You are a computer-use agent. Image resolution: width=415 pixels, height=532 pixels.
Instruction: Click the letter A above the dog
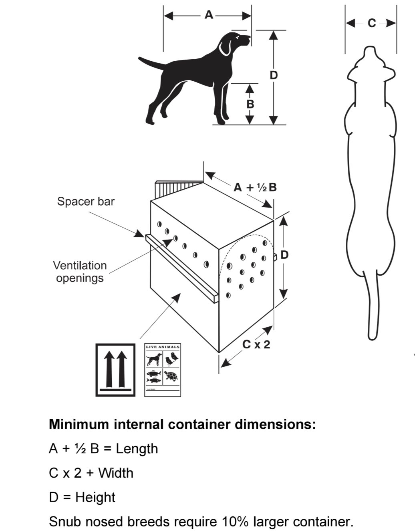pyautogui.click(x=209, y=15)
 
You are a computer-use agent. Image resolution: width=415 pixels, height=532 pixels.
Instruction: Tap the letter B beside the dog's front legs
pyautogui.click(x=250, y=104)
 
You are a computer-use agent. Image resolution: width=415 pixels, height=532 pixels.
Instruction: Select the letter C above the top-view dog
pyautogui.click(x=372, y=23)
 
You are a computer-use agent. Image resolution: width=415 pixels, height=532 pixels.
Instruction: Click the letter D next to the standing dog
pyautogui.click(x=274, y=75)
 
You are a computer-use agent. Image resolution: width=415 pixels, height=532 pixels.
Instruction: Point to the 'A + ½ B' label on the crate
pyautogui.click(x=255, y=187)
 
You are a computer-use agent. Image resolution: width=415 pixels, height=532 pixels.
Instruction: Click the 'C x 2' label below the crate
pyautogui.click(x=256, y=344)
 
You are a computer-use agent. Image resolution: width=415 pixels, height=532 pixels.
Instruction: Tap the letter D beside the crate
pyautogui.click(x=284, y=255)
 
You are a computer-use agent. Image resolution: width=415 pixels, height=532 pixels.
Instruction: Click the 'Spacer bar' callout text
pyautogui.click(x=86, y=201)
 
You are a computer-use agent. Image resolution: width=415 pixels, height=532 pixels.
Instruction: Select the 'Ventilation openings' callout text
pyautogui.click(x=80, y=272)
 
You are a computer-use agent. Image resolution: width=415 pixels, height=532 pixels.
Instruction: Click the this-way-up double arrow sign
pyautogui.click(x=115, y=370)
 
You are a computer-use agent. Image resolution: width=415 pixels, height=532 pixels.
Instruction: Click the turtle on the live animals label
pyautogui.click(x=171, y=376)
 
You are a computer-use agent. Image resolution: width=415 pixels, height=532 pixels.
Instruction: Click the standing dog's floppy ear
pyautogui.click(x=225, y=48)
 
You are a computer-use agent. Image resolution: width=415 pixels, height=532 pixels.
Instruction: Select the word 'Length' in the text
pyautogui.click(x=137, y=449)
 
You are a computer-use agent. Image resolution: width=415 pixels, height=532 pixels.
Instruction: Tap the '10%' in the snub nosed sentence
pyautogui.click(x=233, y=522)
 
